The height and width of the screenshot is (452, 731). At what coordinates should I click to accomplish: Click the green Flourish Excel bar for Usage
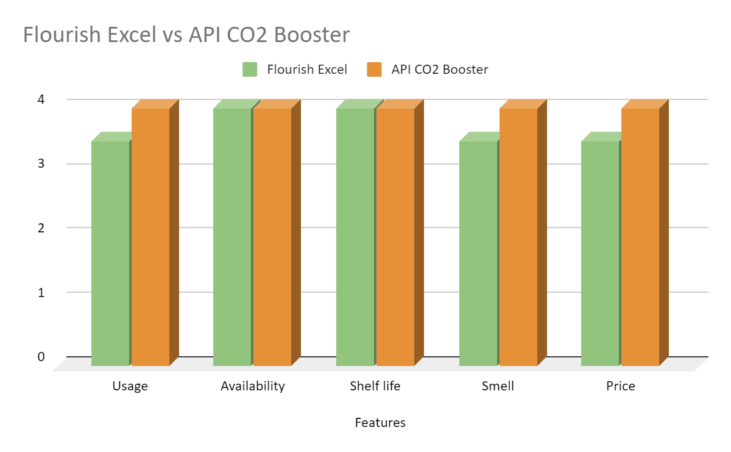point(110,253)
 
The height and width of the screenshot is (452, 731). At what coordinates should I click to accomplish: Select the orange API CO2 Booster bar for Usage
point(150,237)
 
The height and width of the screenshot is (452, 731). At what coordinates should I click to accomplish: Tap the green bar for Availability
point(232,237)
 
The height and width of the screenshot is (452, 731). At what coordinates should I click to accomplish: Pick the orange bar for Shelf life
point(395,237)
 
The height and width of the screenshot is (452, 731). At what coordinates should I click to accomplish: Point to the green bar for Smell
point(478,253)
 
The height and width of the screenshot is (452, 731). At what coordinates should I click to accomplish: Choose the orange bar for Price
point(640,237)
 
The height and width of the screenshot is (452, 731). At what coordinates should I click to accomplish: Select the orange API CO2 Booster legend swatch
point(374,70)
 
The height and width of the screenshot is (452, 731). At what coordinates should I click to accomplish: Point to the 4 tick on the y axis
point(41,99)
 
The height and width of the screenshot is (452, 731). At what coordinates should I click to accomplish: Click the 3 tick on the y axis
point(41,163)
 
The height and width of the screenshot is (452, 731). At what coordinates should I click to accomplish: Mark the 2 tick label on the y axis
point(41,228)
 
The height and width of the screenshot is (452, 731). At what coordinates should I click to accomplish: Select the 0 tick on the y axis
point(41,356)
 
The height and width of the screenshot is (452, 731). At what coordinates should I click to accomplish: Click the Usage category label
point(130,386)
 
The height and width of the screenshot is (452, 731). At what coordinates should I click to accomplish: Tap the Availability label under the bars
point(253,386)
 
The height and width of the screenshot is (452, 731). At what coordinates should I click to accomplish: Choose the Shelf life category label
point(375,386)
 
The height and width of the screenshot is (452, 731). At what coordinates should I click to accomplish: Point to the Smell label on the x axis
point(498,386)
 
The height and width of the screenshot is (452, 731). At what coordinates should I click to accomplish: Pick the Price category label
point(621,386)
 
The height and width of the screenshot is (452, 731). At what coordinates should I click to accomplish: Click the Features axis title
point(380,423)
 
